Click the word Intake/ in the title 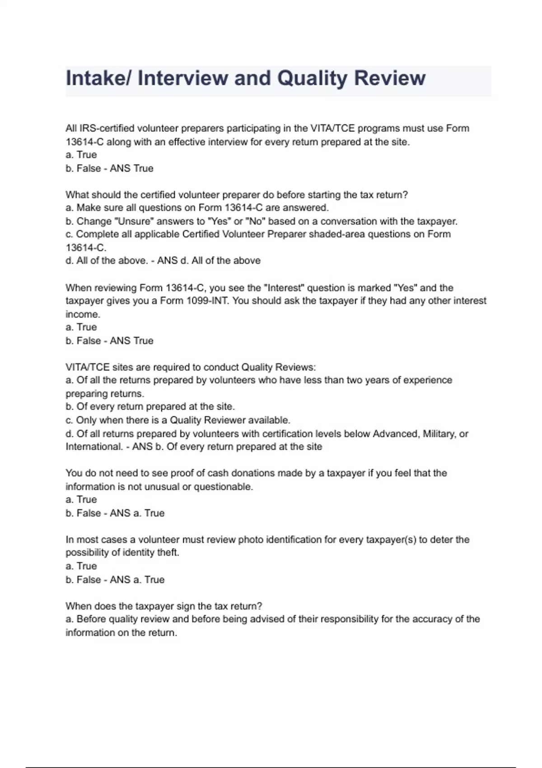[x=98, y=78]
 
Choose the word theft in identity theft [x=167, y=553]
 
